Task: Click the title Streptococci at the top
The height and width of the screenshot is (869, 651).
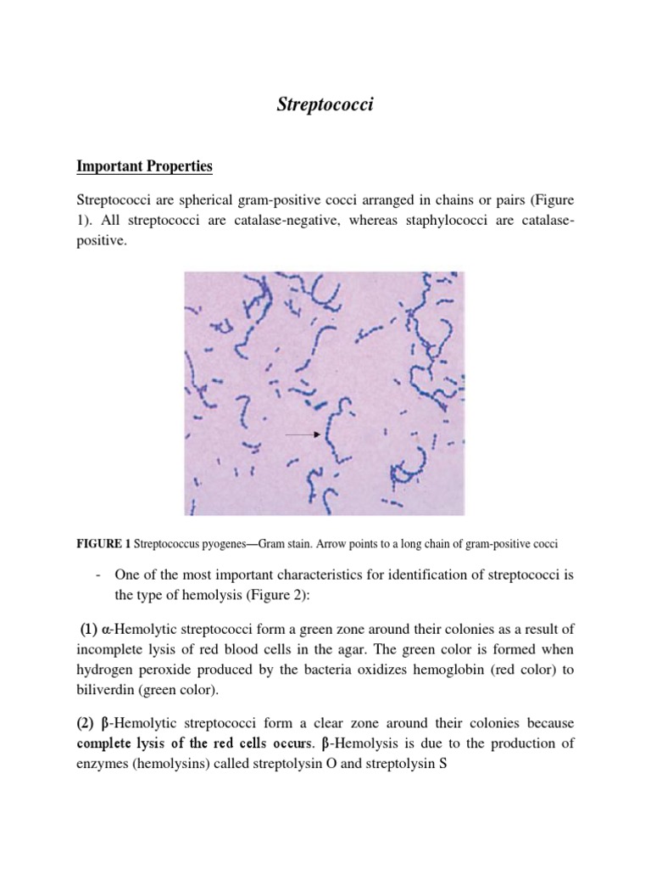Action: (325, 105)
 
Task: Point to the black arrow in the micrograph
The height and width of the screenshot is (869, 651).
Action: (301, 434)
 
